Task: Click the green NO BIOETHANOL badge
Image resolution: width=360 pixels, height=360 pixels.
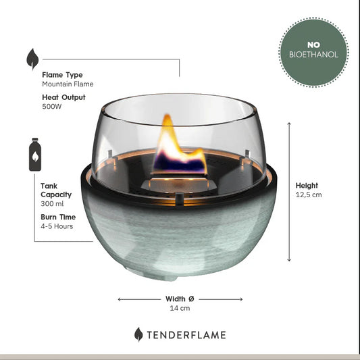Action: tap(313, 52)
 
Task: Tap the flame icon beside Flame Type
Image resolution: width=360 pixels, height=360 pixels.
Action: tap(32, 59)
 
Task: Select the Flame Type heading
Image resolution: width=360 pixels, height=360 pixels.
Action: tap(62, 75)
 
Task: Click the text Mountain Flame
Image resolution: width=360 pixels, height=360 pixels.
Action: tap(68, 84)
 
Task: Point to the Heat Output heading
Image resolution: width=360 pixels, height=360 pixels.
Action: tap(63, 97)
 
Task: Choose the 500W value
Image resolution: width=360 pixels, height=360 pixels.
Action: tap(52, 107)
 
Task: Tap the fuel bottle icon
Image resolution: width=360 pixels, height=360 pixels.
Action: tap(35, 154)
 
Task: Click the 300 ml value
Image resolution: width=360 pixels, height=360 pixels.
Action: tap(52, 204)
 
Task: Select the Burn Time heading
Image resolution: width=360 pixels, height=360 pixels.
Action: tap(58, 217)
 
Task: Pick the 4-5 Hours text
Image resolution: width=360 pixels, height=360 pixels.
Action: tap(57, 226)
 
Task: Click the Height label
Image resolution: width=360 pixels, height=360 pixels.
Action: tap(307, 186)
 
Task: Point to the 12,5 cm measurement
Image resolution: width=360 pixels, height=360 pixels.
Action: tap(309, 195)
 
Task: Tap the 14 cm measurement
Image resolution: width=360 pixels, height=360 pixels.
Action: tap(180, 308)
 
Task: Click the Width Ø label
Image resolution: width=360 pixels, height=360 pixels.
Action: tap(180, 299)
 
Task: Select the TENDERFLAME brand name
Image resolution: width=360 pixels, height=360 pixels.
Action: tap(186, 335)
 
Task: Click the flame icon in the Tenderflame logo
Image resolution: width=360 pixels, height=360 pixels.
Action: tap(138, 334)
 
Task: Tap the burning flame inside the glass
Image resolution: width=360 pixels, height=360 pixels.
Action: tap(180, 147)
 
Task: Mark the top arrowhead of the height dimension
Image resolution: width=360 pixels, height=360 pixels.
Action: tap(289, 124)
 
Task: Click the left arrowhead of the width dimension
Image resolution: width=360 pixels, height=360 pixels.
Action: tap(120, 299)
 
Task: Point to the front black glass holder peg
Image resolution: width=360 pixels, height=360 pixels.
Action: tap(179, 199)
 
